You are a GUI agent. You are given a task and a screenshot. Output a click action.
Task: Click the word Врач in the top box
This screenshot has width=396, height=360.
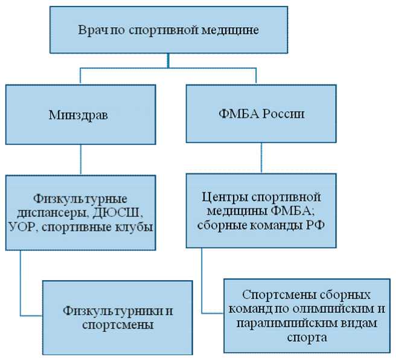point(92,30)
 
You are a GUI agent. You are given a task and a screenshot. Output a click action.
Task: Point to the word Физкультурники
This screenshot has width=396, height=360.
point(113,310)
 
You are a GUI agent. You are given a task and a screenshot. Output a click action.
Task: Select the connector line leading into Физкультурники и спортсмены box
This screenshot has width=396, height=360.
point(22,284)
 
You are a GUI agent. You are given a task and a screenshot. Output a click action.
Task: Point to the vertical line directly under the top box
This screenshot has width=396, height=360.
point(170,60)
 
